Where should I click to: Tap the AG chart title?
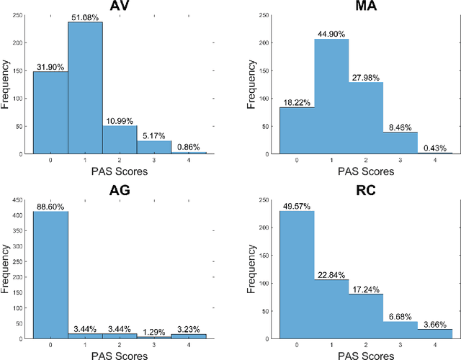click(x=121, y=189)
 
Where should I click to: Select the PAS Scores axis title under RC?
click(x=366, y=353)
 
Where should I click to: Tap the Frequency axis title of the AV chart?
click(x=7, y=85)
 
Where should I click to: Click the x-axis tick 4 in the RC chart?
click(x=436, y=344)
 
